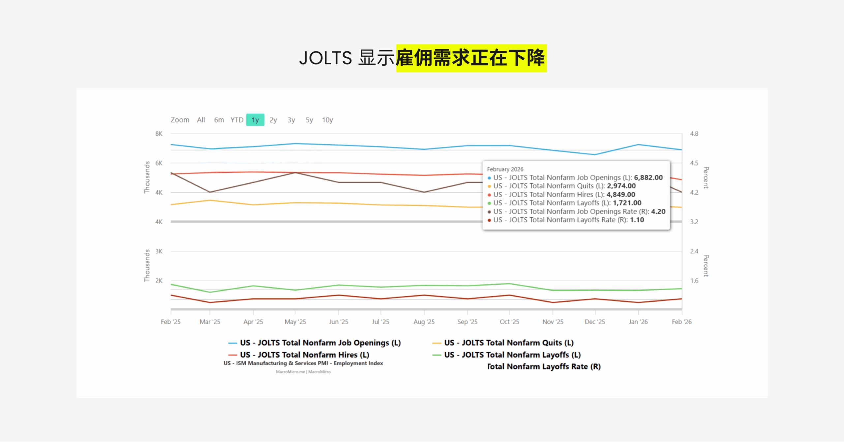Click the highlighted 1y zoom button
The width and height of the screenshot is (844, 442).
tap(255, 120)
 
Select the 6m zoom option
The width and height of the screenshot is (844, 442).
tap(219, 120)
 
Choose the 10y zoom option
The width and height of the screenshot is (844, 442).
tap(327, 120)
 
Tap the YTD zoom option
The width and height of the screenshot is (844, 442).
tap(237, 120)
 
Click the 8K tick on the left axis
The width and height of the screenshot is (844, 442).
tap(159, 134)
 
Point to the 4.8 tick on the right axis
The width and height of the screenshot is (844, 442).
tap(694, 134)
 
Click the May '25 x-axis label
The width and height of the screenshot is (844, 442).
tap(295, 322)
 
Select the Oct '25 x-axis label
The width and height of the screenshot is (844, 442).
tap(509, 322)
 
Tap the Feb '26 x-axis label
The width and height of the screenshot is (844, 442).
tap(681, 322)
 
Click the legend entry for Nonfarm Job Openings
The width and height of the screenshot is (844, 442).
tap(320, 343)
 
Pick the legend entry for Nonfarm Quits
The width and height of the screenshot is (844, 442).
tap(509, 343)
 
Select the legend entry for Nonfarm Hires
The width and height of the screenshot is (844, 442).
tap(304, 355)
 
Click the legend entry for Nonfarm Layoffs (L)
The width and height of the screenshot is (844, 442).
tap(512, 355)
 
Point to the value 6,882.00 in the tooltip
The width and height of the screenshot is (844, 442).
tap(648, 177)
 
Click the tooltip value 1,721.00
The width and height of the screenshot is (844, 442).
tap(627, 203)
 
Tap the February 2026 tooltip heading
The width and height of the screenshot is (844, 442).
tap(505, 169)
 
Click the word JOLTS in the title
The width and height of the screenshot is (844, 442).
tap(326, 58)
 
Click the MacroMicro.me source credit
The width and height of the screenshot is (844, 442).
tap(290, 372)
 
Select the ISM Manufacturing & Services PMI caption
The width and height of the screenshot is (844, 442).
tap(303, 363)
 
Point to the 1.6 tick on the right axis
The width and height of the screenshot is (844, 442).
tap(694, 281)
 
